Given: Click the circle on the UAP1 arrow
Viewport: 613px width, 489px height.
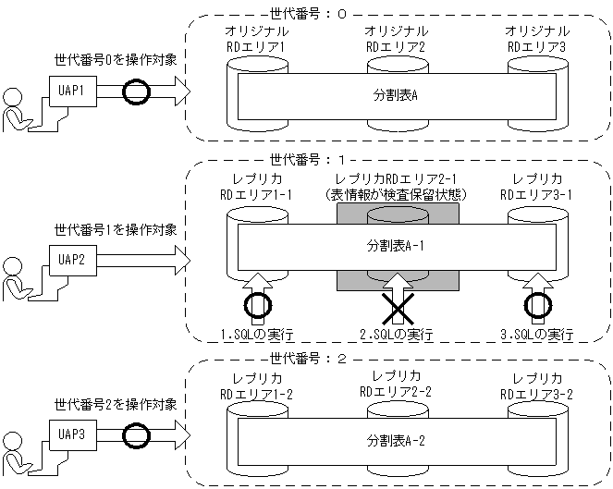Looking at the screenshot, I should click(x=136, y=92).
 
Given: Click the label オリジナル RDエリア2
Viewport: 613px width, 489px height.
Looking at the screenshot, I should click(x=396, y=38).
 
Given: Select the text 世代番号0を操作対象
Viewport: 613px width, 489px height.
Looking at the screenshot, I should click(x=115, y=61).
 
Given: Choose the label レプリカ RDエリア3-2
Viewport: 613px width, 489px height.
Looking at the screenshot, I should click(x=538, y=385).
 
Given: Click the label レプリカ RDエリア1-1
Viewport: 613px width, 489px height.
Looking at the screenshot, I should click(x=258, y=188).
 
